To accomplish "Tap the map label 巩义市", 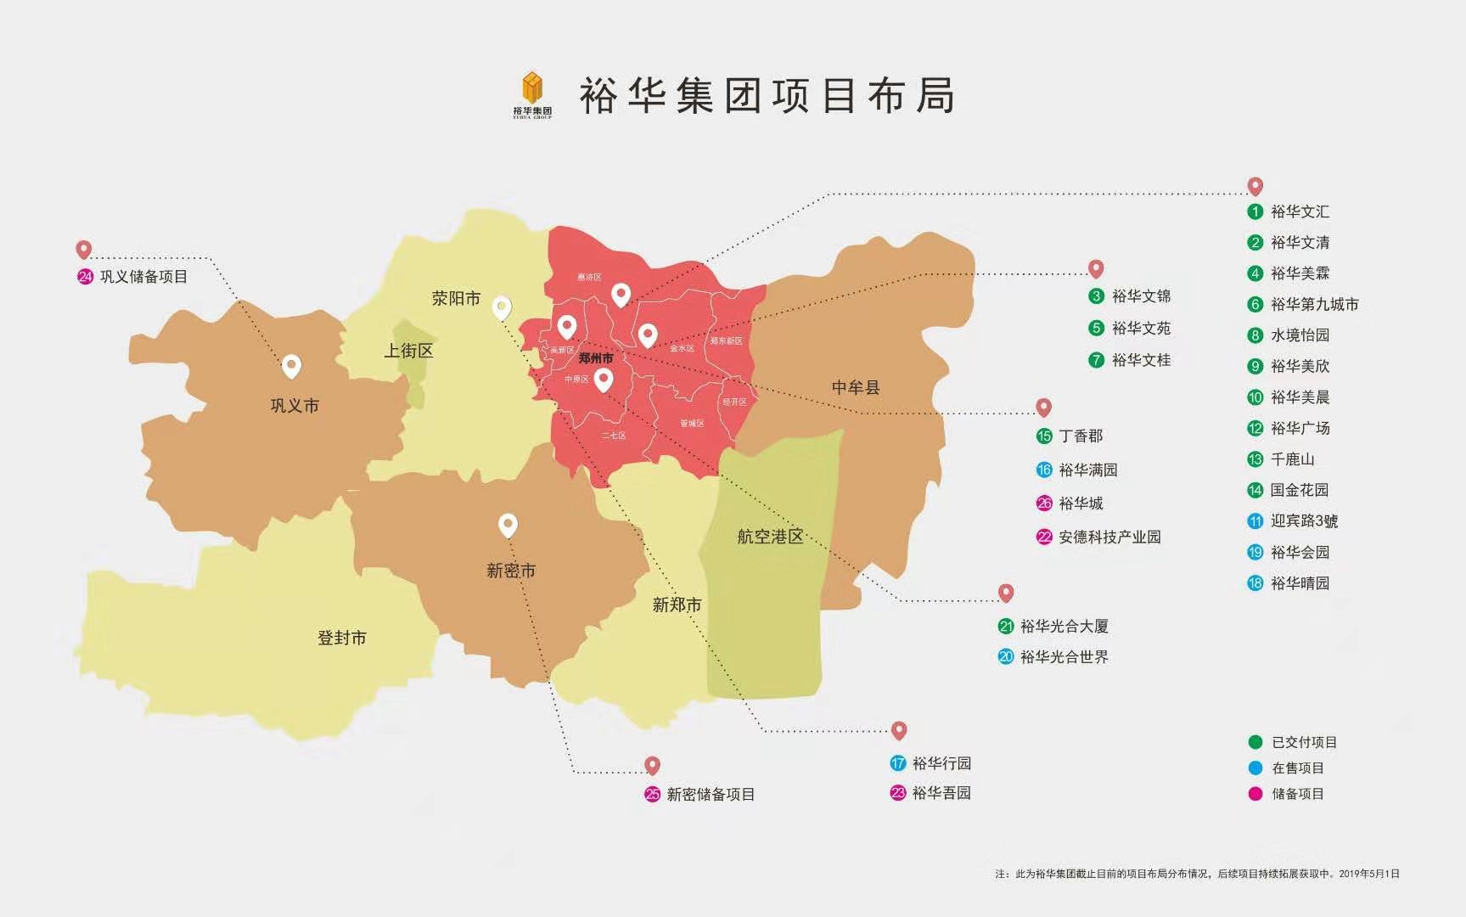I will (x=295, y=406).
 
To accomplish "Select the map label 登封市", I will (x=341, y=638).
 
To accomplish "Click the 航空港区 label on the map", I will (x=769, y=537).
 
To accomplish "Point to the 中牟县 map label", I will (x=855, y=387).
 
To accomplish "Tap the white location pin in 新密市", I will (x=508, y=526).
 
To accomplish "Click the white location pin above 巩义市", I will (x=291, y=366).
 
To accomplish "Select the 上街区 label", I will (x=408, y=351).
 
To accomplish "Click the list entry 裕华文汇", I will (x=1299, y=211).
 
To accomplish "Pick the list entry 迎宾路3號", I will (x=1303, y=521).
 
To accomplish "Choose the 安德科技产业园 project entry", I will (x=1109, y=537).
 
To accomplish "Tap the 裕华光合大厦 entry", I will (x=1064, y=627).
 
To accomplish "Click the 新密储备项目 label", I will (x=710, y=795).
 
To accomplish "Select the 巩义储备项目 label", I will (x=143, y=277).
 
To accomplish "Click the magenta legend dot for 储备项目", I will (x=1255, y=794).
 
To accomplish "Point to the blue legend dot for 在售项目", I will (x=1255, y=768).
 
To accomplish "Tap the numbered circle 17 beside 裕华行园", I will (x=898, y=763).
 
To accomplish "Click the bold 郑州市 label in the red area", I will (x=595, y=358).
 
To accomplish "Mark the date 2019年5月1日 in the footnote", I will (x=1368, y=874).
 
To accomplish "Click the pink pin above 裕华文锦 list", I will (x=1096, y=269).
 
